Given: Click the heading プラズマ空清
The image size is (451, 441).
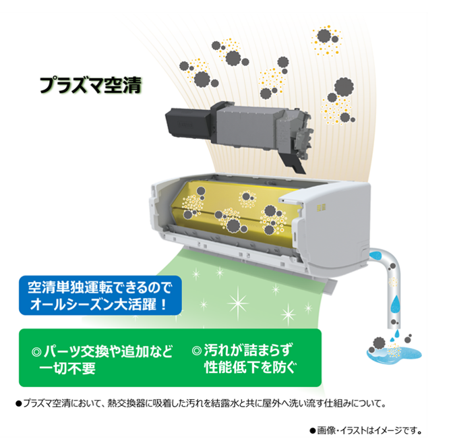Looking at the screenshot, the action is tap(91, 85).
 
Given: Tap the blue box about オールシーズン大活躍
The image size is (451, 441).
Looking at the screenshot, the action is tap(100, 295).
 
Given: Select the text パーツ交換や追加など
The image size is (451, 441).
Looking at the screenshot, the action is tap(108, 351).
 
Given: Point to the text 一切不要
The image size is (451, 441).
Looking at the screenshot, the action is tap(67, 368).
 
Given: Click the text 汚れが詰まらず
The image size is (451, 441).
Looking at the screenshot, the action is tap(248, 351).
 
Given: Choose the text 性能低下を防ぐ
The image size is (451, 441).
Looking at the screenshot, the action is tap(250, 367).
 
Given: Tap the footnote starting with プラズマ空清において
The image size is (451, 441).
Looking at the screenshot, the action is tap(201, 403).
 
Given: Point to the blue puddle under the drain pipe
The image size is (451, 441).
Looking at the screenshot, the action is tap(394, 353).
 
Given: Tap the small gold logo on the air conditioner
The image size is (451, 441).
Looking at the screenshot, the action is tap(322, 208).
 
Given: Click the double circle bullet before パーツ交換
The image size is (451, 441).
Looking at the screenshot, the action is tap(36, 352).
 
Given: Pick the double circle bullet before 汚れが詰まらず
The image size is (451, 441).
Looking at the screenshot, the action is tap(197, 351).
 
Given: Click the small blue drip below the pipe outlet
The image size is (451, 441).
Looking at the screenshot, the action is tap(397, 334).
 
